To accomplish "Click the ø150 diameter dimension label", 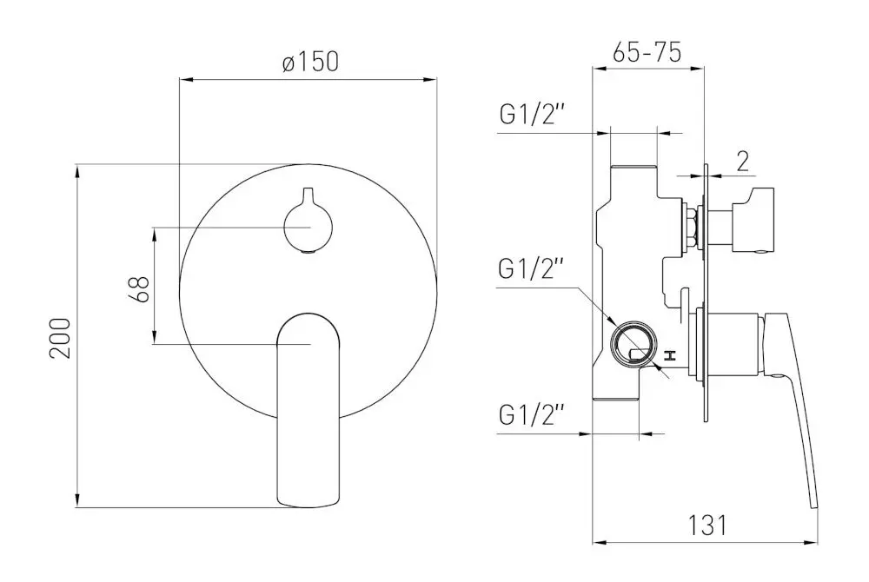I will click(308, 63).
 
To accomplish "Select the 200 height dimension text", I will click(59, 336).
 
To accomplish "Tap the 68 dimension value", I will click(137, 288).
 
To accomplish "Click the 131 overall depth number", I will click(705, 525).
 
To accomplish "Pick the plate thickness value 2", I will click(742, 160).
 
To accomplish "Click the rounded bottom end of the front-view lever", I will click(308, 499).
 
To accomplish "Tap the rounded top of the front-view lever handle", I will click(308, 320).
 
